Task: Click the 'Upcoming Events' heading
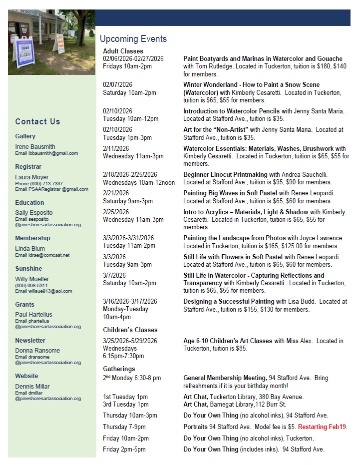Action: [133, 39]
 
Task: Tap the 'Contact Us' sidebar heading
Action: [37, 121]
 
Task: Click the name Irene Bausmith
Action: [35, 147]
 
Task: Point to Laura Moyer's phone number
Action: [39, 183]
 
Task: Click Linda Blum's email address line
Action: [42, 255]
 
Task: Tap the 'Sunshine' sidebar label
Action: [28, 269]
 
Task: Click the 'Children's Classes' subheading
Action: [130, 330]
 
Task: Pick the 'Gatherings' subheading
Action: [119, 369]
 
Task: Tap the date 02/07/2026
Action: [118, 85]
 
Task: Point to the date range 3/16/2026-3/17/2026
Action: [130, 302]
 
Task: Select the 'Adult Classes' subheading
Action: [123, 51]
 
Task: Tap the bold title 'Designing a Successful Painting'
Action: [229, 302]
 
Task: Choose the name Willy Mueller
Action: [32, 279]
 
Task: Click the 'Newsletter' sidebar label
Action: [30, 341]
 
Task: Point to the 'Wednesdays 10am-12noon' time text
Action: [139, 182]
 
